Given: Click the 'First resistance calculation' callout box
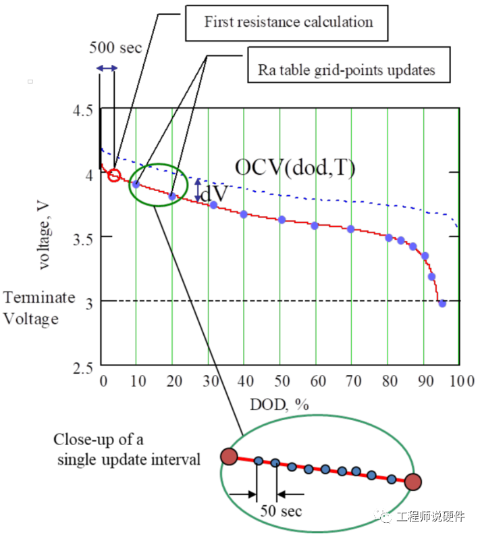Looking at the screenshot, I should (288, 22).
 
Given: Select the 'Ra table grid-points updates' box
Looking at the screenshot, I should (348, 69).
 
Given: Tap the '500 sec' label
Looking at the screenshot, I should (115, 49).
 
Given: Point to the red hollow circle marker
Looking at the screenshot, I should (114, 176).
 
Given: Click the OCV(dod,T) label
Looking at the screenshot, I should (294, 167).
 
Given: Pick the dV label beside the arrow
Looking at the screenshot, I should (215, 193).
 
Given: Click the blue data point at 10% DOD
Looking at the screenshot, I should (136, 184).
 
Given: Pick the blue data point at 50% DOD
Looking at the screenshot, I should (282, 220).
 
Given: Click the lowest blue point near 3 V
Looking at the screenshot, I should (442, 303).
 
